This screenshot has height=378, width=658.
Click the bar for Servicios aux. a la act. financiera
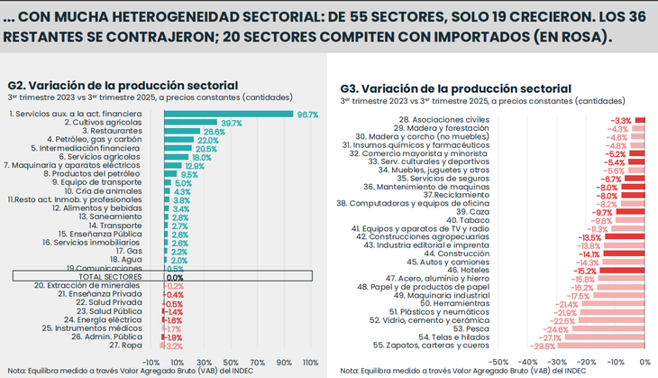[228, 115]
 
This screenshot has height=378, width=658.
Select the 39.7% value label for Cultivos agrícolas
[231, 124]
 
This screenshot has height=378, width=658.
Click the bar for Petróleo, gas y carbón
[178, 141]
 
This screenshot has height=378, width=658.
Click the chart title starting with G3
[454, 88]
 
